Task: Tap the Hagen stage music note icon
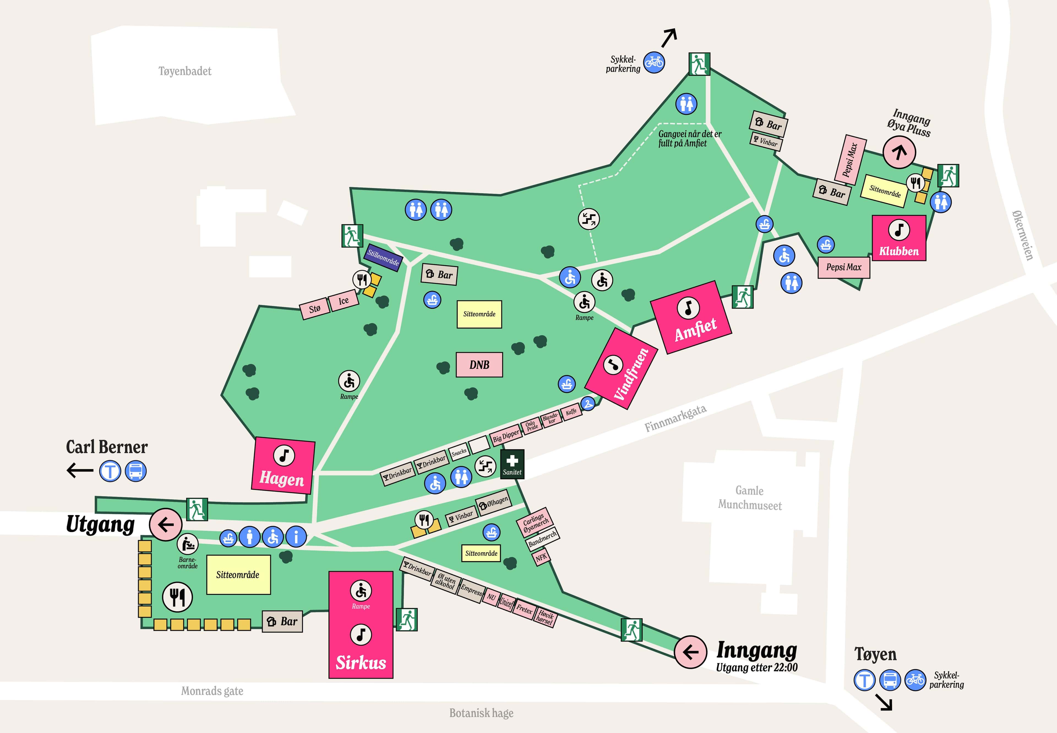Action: [x=284, y=455]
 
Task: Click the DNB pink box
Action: [x=479, y=365]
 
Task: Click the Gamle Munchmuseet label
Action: [x=750, y=498]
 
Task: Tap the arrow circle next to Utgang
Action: [x=166, y=524]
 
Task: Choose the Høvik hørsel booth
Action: [x=545, y=617]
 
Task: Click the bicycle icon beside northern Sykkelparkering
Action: [x=654, y=62]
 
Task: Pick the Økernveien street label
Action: [x=1023, y=235]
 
